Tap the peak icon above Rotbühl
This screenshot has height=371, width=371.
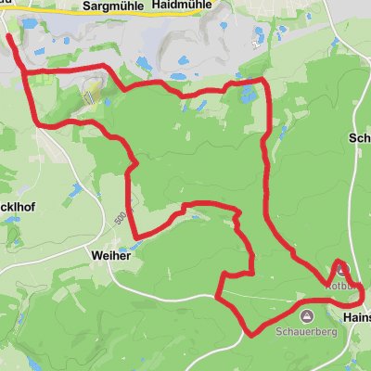coord(339,271)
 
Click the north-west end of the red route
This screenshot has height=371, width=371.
coord(9,37)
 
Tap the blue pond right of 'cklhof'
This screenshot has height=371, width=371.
coord(70,189)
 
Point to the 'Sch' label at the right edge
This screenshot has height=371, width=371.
coord(360,137)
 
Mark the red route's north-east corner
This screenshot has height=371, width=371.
coord(265,82)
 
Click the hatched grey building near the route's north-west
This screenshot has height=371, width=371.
coord(90,92)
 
